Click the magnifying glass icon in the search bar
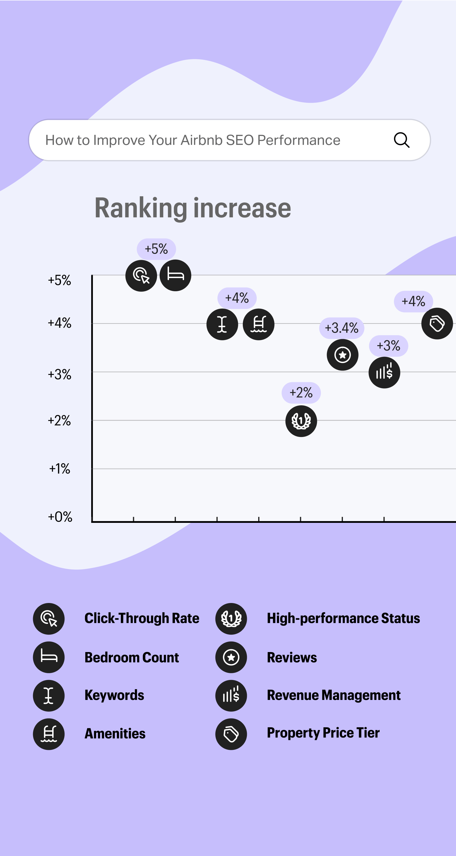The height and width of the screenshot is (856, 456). coord(402,140)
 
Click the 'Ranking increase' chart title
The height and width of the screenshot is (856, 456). coord(193,208)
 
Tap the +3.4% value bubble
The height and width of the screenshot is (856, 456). coord(341,328)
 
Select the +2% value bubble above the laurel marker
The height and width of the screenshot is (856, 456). coord(301,393)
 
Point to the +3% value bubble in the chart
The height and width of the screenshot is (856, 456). coord(388,346)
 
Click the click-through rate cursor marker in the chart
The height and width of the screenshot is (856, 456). coord(141,276)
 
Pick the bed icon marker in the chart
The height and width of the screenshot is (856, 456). coord(175,275)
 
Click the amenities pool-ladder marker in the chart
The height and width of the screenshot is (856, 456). coord(258,324)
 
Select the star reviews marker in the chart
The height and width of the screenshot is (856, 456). coord(342,355)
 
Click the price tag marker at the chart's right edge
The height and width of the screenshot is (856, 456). coord(437,324)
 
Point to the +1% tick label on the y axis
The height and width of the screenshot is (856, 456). coord(60,469)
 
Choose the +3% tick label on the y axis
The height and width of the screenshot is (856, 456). coord(60,375)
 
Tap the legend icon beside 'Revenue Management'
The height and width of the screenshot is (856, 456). coord(231,695)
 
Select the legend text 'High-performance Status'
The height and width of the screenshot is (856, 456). coord(343,618)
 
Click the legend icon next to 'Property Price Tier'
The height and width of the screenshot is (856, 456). coord(231,734)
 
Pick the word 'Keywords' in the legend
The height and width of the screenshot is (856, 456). coord(114,695)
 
